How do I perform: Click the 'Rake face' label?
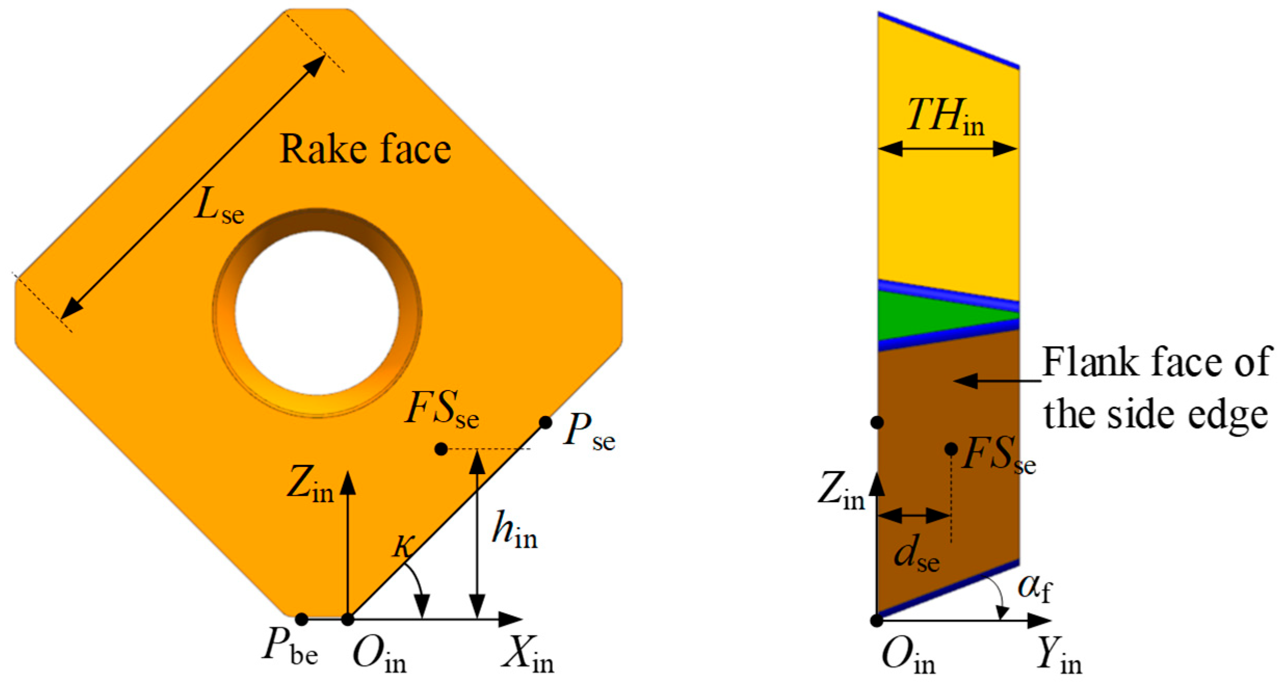tap(365, 150)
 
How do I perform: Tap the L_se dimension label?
tap(219, 206)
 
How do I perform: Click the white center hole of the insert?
tap(317, 312)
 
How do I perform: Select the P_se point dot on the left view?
tap(545, 422)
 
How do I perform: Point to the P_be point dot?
tap(302, 619)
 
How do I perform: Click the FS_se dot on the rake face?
tap(441, 449)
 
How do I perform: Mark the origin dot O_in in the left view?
tap(348, 619)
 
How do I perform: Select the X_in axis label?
tap(528, 655)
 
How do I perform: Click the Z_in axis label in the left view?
tap(310, 484)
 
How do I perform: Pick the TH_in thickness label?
tap(945, 117)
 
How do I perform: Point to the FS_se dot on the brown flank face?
tap(951, 449)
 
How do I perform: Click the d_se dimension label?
tap(916, 554)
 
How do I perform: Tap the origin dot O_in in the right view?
tap(877, 620)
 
